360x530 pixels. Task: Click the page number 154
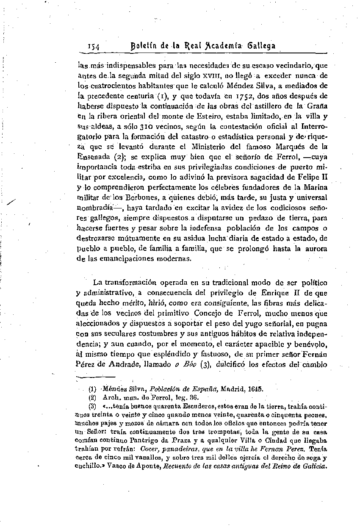[x=94, y=46]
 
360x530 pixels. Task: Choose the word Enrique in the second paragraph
[x=271, y=292]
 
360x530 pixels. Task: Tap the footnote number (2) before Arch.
[x=92, y=398]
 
